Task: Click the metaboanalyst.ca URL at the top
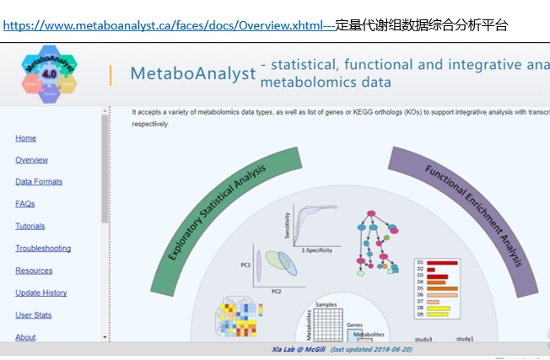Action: pyautogui.click(x=169, y=25)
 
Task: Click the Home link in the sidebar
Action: pyautogui.click(x=25, y=137)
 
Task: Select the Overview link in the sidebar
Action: pyautogui.click(x=31, y=159)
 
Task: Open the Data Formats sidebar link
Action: pyautogui.click(x=39, y=181)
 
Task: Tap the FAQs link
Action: pyautogui.click(x=24, y=204)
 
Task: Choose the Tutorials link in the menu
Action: pyautogui.click(x=30, y=226)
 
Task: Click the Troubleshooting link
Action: pyautogui.click(x=43, y=248)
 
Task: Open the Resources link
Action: pyautogui.click(x=34, y=271)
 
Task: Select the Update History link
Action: pyautogui.click(x=40, y=293)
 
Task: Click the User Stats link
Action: pyautogui.click(x=33, y=315)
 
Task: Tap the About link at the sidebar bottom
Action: pyautogui.click(x=25, y=337)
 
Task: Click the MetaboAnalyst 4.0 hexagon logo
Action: pyautogui.click(x=49, y=74)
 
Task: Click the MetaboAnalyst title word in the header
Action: pyautogui.click(x=193, y=73)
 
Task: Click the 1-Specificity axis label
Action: pyautogui.click(x=316, y=250)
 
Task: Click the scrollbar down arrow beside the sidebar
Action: pyautogui.click(x=105, y=337)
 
